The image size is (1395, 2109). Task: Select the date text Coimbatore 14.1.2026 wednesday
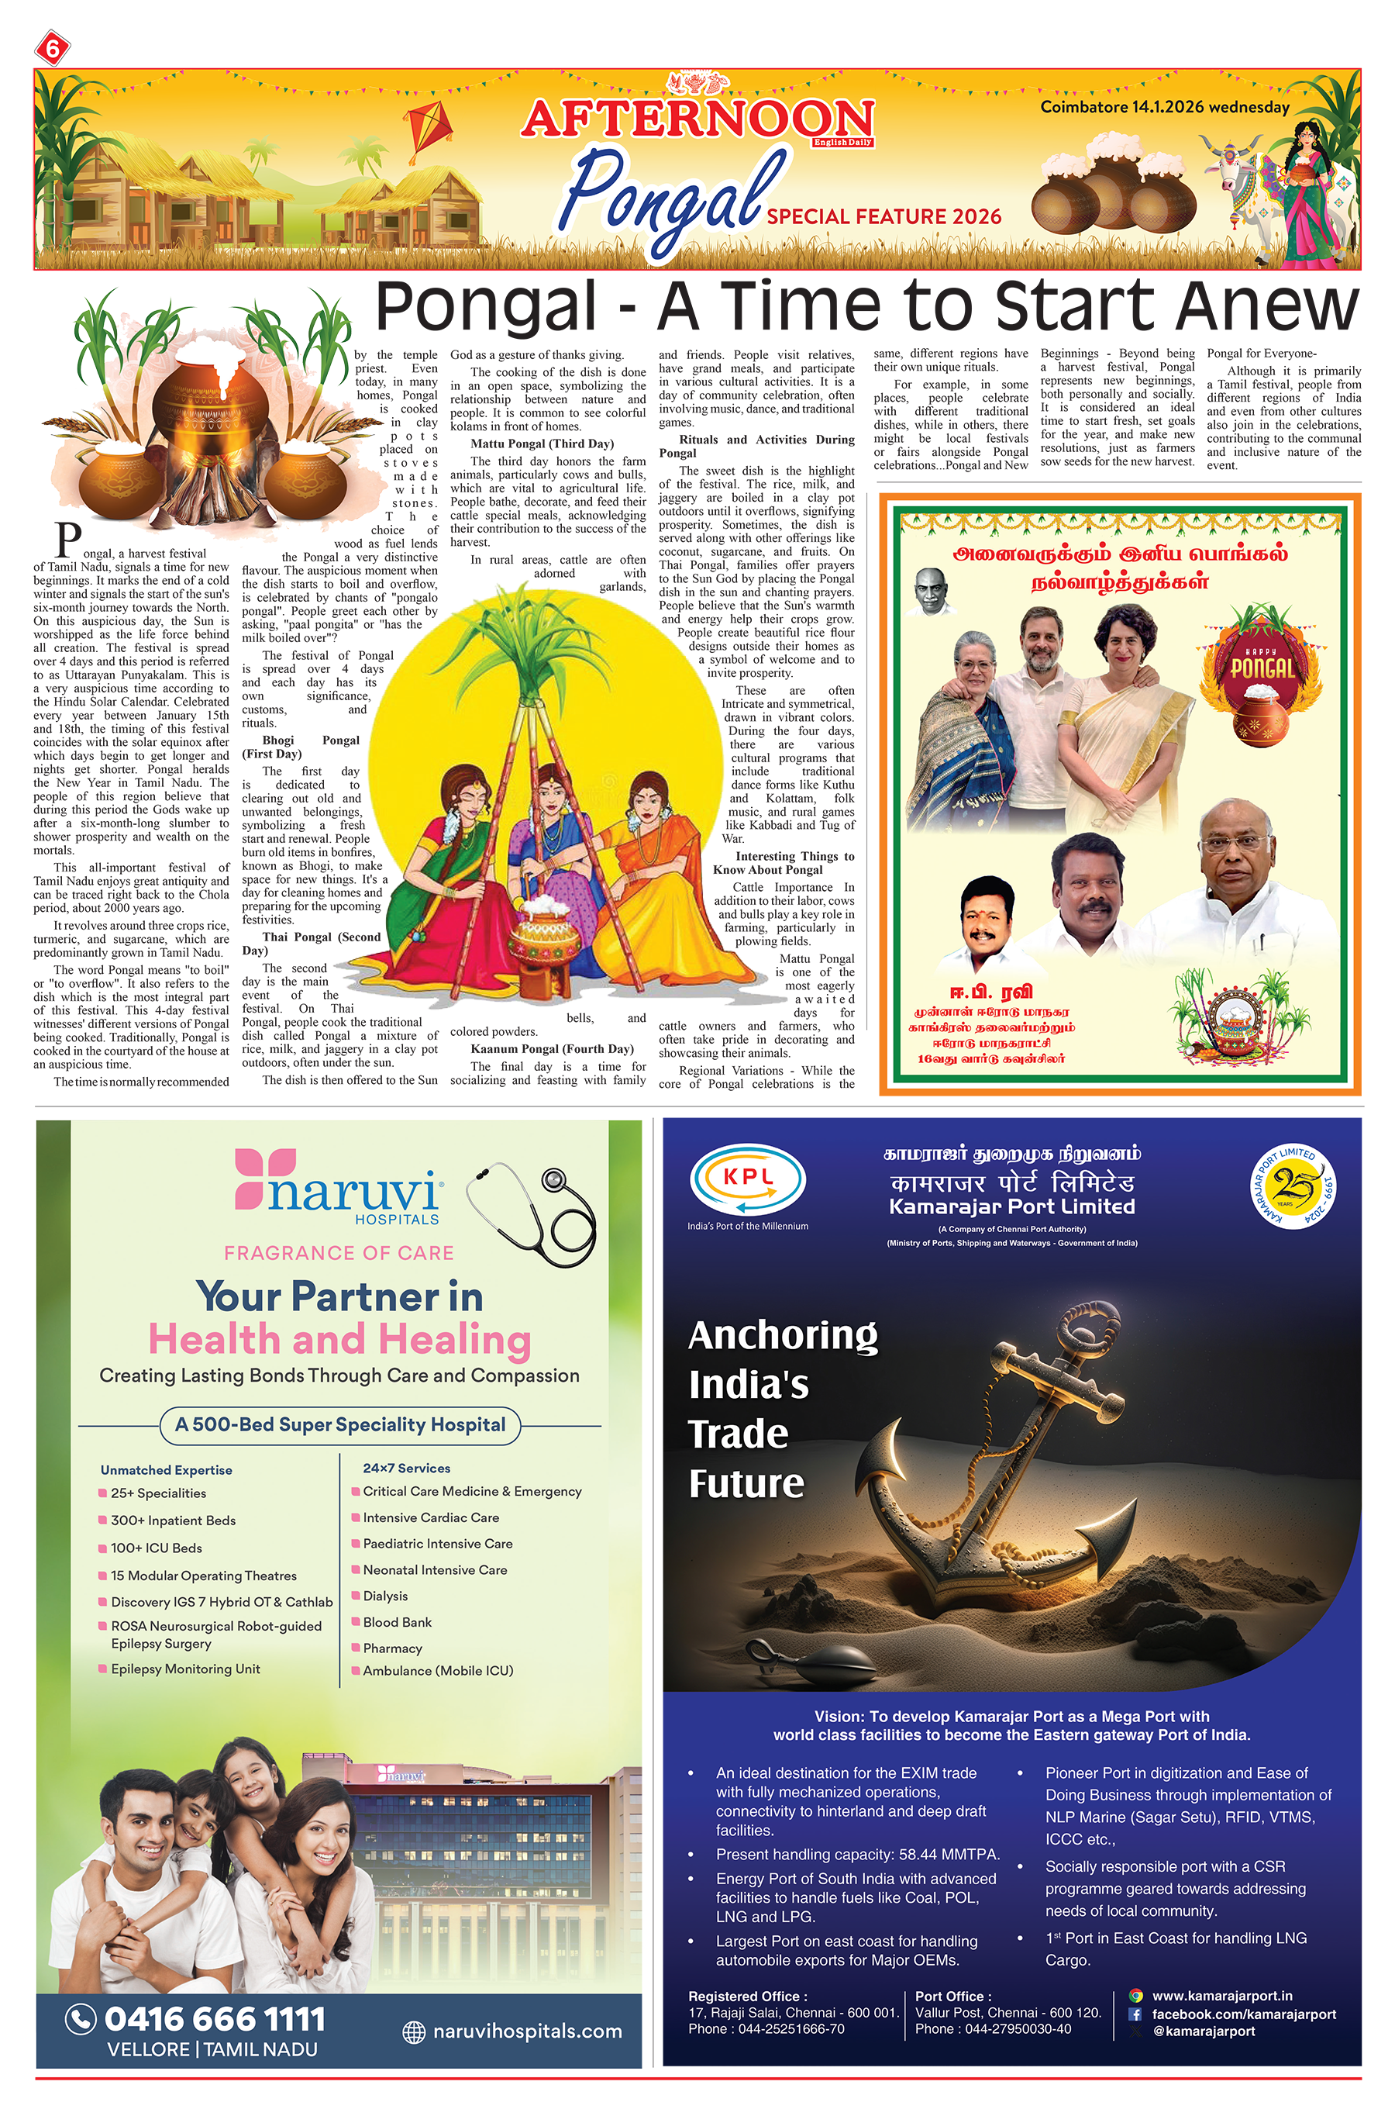1165,107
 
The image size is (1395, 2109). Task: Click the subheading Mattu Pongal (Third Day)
542,444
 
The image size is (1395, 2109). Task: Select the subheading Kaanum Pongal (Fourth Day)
552,1048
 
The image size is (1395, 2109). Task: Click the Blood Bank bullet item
397,1622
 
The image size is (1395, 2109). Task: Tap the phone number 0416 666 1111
215,2018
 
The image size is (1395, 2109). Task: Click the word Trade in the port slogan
739,1434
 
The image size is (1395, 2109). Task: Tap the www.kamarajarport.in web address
1221,1996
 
